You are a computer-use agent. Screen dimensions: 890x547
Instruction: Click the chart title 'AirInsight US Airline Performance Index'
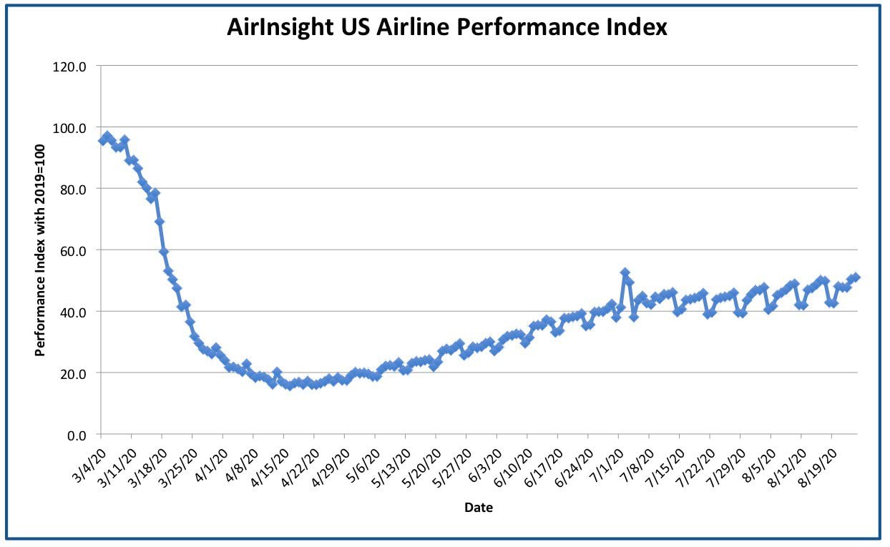[x=447, y=27]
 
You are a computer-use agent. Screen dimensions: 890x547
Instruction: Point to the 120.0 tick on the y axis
[x=69, y=66]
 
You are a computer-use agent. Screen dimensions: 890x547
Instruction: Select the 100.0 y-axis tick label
[x=69, y=128]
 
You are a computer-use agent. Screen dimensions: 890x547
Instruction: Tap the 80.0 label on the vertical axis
[x=73, y=190]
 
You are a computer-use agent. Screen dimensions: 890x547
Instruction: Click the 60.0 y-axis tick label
[x=73, y=252]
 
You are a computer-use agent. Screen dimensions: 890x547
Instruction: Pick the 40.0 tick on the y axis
[x=73, y=313]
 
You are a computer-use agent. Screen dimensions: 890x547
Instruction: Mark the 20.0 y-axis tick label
[x=73, y=374]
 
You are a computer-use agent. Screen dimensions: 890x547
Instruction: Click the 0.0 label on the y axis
[x=77, y=435]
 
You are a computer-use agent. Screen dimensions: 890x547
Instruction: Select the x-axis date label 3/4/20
[x=90, y=465]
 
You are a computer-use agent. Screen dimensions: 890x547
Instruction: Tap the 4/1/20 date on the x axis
[x=212, y=465]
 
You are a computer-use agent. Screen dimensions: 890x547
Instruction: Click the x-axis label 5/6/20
[x=364, y=465]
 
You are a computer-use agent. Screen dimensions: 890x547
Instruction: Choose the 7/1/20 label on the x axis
[x=607, y=465]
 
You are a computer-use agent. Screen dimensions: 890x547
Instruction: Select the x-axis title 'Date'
[x=479, y=508]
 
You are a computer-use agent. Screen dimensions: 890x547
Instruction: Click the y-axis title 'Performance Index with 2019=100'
[x=40, y=251]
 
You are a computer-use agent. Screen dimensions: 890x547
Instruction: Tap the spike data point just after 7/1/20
[x=625, y=273]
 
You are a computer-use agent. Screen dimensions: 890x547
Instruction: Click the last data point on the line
[x=856, y=277]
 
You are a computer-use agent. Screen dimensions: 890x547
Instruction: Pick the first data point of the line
[x=103, y=140]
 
